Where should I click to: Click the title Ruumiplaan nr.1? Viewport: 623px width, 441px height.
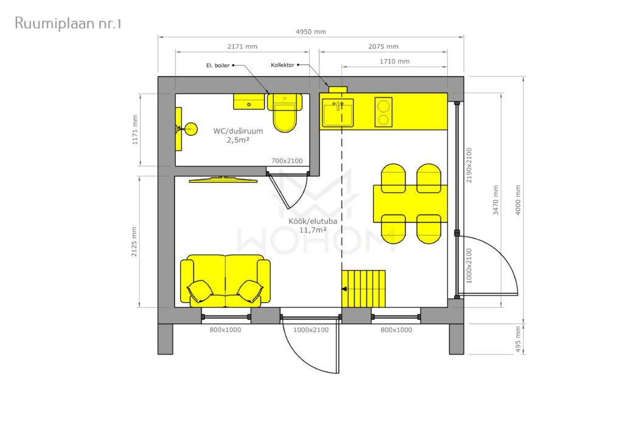(68, 24)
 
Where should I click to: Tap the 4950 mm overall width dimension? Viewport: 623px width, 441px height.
(311, 32)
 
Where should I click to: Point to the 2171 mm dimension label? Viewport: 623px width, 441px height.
(242, 46)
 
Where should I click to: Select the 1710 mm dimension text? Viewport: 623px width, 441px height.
(394, 62)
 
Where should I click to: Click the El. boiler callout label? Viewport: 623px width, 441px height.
(218, 66)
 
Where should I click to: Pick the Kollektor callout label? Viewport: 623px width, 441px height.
(282, 65)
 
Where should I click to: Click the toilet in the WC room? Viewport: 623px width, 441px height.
(285, 113)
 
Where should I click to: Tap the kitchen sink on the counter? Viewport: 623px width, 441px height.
(338, 112)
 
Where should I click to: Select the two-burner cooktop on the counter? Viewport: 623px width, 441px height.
(383, 112)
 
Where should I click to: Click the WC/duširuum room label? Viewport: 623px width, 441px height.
(238, 135)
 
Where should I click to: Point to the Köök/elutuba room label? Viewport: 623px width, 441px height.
(313, 225)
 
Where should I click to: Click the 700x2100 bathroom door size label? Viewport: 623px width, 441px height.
(287, 161)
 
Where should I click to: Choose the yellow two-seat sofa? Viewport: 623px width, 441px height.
(225, 281)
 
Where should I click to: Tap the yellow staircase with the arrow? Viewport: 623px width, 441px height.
(364, 289)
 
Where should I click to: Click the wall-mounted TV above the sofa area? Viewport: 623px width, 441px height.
(223, 180)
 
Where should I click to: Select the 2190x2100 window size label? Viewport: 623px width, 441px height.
(469, 166)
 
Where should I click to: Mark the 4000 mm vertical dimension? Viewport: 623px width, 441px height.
(518, 200)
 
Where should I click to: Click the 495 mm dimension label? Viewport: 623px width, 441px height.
(518, 339)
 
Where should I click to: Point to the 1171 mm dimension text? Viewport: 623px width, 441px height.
(135, 130)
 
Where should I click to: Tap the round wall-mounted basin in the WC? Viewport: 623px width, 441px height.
(191, 129)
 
